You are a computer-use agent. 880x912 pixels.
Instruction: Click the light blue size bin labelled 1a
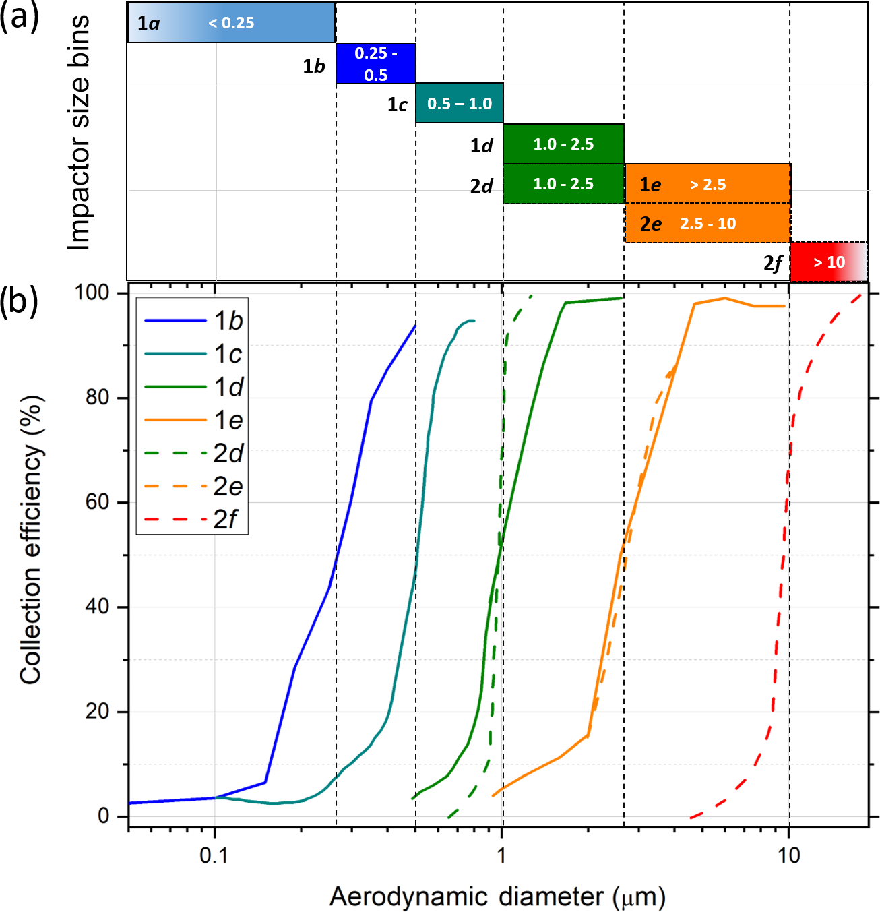click(231, 23)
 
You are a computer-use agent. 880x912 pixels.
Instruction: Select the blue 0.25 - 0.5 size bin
click(375, 64)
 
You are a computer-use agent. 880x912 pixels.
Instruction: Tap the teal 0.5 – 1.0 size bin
click(460, 104)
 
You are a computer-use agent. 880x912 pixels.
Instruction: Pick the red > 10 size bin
click(828, 262)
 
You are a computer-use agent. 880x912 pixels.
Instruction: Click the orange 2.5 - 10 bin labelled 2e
click(708, 224)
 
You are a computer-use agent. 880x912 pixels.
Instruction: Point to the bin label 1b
click(314, 66)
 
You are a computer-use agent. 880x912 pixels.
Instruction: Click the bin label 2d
click(482, 186)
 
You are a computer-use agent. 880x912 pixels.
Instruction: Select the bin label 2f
click(773, 263)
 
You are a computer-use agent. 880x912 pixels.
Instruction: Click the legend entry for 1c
click(193, 354)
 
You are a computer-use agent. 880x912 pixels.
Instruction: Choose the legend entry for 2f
click(193, 519)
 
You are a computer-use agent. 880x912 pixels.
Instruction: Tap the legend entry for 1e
click(193, 420)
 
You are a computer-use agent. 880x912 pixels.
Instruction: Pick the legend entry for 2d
click(193, 453)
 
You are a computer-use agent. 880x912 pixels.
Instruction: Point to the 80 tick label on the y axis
click(98, 398)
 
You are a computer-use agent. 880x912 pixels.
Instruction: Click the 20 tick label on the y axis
click(98, 711)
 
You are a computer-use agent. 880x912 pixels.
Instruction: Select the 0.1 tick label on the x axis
click(214, 855)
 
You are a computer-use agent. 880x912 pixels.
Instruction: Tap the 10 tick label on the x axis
click(789, 855)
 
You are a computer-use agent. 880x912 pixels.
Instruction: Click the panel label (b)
click(19, 301)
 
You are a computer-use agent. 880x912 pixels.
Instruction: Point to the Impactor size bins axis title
click(79, 133)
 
